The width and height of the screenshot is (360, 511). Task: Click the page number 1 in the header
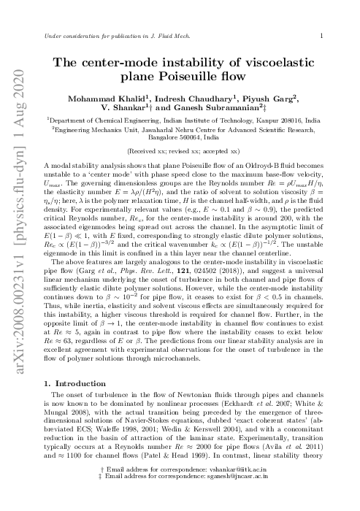click(322, 34)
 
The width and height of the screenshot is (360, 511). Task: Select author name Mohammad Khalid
click(119, 98)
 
